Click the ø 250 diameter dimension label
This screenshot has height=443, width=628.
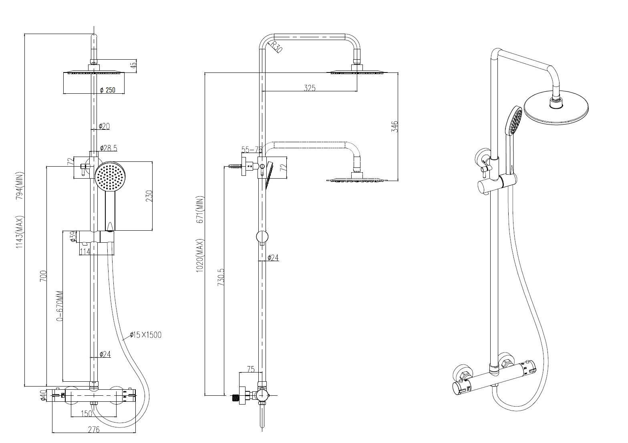(107, 90)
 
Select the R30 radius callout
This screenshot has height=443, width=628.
(276, 46)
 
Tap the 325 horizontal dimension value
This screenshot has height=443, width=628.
(309, 88)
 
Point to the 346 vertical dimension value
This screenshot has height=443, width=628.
(395, 127)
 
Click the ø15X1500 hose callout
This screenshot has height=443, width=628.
(145, 335)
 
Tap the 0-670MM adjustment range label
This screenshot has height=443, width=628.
(60, 306)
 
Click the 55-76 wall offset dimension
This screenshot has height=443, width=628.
(251, 150)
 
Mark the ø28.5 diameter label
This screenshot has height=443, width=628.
(108, 148)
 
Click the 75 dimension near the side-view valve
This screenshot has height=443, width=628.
(250, 369)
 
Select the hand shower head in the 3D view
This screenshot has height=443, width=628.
(514, 121)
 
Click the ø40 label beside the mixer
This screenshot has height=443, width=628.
(42, 396)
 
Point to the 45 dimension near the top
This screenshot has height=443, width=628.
(134, 63)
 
